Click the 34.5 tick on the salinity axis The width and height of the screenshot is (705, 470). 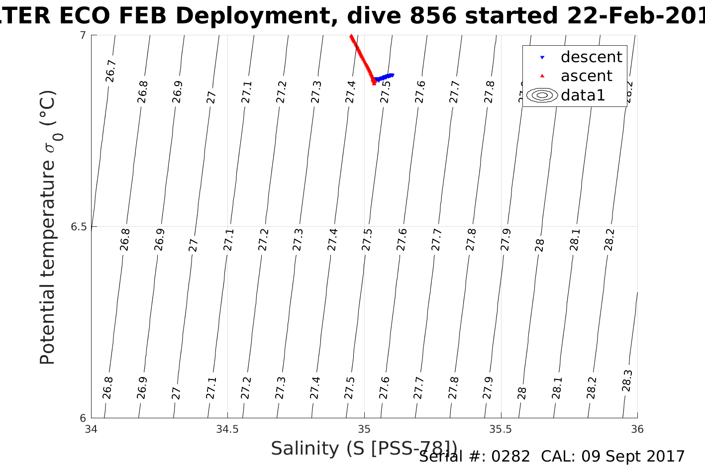pos(227,429)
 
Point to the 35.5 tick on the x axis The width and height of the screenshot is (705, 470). pos(501,429)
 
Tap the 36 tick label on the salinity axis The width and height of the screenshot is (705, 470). pos(637,429)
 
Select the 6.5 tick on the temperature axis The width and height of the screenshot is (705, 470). pos(79,227)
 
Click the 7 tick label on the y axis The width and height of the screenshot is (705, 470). pos(83,35)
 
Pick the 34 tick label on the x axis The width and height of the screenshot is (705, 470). pos(91,429)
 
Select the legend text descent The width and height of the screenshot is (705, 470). pos(591,57)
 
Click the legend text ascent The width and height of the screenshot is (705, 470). pos(586,76)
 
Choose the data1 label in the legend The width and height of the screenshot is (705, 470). pos(583,95)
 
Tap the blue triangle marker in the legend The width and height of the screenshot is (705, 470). pos(542,58)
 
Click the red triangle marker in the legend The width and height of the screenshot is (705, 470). pos(542,76)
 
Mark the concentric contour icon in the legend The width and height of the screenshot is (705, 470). pos(542,95)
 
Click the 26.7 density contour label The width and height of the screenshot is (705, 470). pos(111,71)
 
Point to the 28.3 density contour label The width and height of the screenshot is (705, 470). pos(627,380)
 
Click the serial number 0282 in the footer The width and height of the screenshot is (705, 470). pos(510,457)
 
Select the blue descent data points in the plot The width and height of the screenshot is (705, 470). pos(385,78)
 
